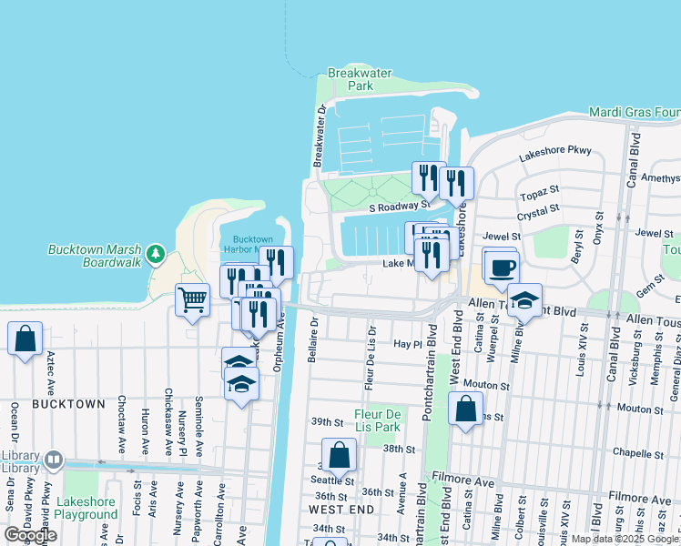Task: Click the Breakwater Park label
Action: coord(350,79)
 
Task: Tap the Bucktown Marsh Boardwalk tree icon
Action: coord(156,254)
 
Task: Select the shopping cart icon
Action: coord(192,299)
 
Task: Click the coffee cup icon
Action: coord(502,268)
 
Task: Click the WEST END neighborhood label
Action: coord(341,510)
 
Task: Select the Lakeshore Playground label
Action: coord(86,508)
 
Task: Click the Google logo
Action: coord(31,535)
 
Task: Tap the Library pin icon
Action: coord(54,461)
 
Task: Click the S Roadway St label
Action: coord(399,207)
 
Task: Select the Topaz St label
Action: coord(539,195)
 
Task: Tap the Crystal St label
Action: coord(537,212)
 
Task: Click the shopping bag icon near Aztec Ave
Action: coord(25,338)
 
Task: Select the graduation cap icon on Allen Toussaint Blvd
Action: coord(524,299)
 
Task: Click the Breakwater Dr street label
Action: coord(320,136)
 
